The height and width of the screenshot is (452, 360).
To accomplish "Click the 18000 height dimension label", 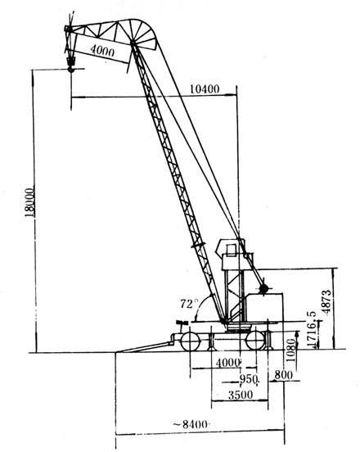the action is click(29, 202).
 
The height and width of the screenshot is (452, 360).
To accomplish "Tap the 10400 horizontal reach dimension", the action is click(205, 89).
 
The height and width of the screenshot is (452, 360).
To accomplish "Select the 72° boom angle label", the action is click(189, 304).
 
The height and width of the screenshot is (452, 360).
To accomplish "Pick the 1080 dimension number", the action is click(291, 350).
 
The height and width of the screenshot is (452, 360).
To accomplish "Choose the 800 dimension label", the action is click(283, 375).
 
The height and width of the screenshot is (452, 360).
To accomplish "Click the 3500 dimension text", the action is click(241, 395).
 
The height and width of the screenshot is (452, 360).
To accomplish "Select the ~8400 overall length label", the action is click(191, 424).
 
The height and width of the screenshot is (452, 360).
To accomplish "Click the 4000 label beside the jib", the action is click(102, 51).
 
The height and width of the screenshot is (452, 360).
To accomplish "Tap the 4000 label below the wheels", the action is click(227, 363).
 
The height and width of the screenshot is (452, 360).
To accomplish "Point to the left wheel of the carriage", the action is click(191, 341).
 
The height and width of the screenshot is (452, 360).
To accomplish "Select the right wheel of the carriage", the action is click(256, 340).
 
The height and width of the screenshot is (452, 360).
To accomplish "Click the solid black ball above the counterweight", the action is click(263, 288).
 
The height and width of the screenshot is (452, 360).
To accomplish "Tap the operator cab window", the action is click(231, 251).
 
